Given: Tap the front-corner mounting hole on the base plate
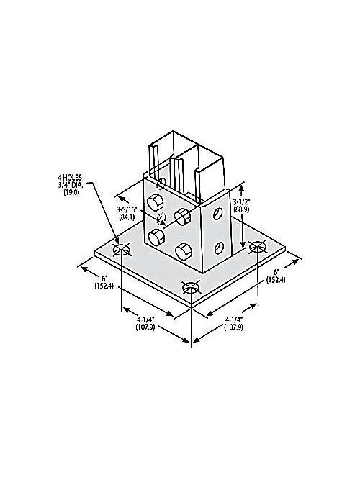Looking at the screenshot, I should [x=190, y=289].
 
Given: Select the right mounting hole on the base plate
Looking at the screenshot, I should [x=258, y=247].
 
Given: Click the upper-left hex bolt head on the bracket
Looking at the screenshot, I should [x=155, y=203].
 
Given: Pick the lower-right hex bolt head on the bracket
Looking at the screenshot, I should [x=183, y=250].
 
